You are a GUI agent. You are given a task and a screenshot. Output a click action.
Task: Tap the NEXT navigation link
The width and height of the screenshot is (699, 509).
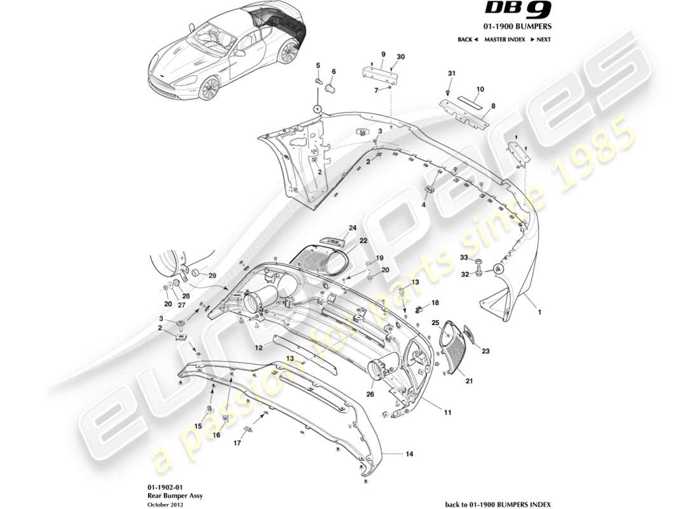[540, 39]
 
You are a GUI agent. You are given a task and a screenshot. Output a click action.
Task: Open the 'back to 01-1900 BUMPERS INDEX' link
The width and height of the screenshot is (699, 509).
[498, 504]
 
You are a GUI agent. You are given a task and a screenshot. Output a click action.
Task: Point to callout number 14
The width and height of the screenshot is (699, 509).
[410, 454]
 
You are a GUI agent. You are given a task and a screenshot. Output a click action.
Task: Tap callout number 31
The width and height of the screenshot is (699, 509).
[451, 74]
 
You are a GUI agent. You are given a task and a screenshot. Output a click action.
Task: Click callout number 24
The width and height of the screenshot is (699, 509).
[351, 227]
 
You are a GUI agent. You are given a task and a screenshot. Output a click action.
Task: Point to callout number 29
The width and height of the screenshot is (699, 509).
[212, 275]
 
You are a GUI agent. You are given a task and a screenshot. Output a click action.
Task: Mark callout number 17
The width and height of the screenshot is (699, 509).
[237, 443]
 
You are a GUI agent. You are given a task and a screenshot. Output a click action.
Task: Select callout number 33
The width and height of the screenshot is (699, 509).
[464, 257]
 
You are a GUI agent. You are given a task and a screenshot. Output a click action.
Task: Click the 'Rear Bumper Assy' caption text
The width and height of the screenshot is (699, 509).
[166, 494]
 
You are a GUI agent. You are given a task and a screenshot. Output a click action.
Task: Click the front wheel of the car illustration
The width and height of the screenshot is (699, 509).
[208, 88]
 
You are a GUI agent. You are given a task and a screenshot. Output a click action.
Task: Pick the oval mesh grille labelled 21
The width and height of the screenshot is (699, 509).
[456, 349]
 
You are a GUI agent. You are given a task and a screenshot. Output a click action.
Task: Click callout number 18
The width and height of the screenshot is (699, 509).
[435, 303]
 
